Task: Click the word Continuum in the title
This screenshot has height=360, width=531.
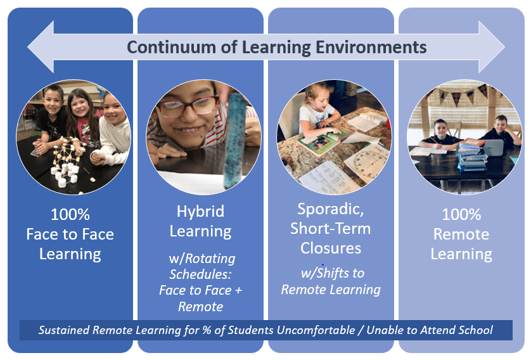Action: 172,47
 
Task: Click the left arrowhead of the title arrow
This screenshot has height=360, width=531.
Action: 41,47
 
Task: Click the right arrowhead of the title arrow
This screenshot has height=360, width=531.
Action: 491,47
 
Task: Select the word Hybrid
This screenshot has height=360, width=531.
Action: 200,212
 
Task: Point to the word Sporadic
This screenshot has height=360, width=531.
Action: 331,209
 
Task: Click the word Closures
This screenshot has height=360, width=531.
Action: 331,248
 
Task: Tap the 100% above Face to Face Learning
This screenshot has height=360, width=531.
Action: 70,215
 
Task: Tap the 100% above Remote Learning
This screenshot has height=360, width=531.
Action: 461,215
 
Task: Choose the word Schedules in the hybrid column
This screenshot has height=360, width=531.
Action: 200,274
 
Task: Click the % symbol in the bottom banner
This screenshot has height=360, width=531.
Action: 207,330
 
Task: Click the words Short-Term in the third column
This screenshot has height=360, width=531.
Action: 331,229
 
